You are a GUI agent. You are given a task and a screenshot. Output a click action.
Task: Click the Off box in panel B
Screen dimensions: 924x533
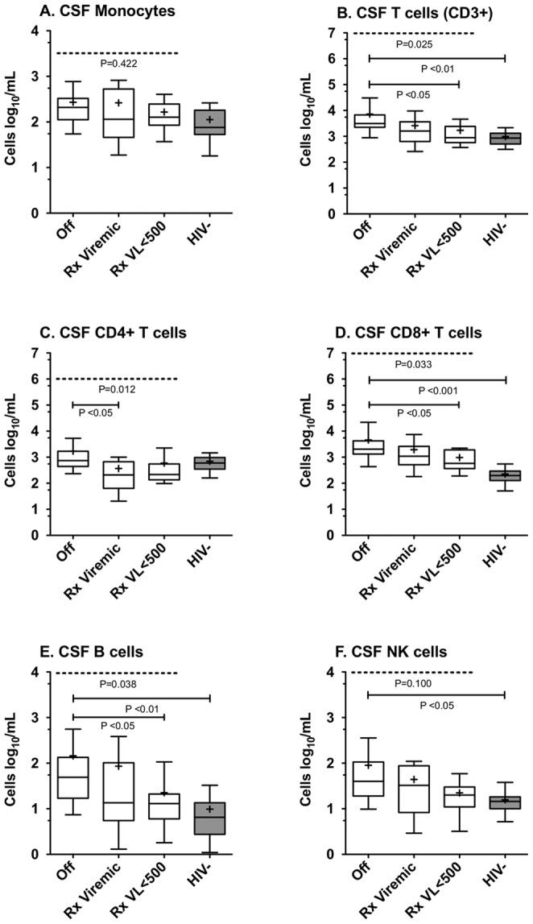tap(369, 121)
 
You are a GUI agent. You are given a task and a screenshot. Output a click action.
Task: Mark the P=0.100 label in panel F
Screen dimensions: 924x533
tap(413, 682)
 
